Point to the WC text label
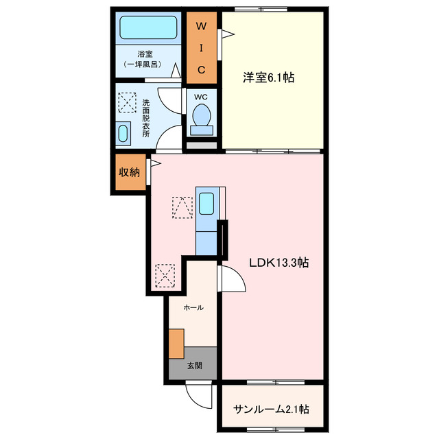click(200, 97)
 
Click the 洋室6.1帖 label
click(268, 78)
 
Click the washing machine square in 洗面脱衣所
click(128, 104)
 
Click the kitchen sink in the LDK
click(206, 204)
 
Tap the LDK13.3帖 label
click(278, 263)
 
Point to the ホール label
click(193, 308)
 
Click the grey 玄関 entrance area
click(193, 366)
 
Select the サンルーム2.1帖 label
click(271, 410)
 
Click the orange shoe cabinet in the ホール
click(177, 343)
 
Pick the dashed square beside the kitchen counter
click(182, 207)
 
